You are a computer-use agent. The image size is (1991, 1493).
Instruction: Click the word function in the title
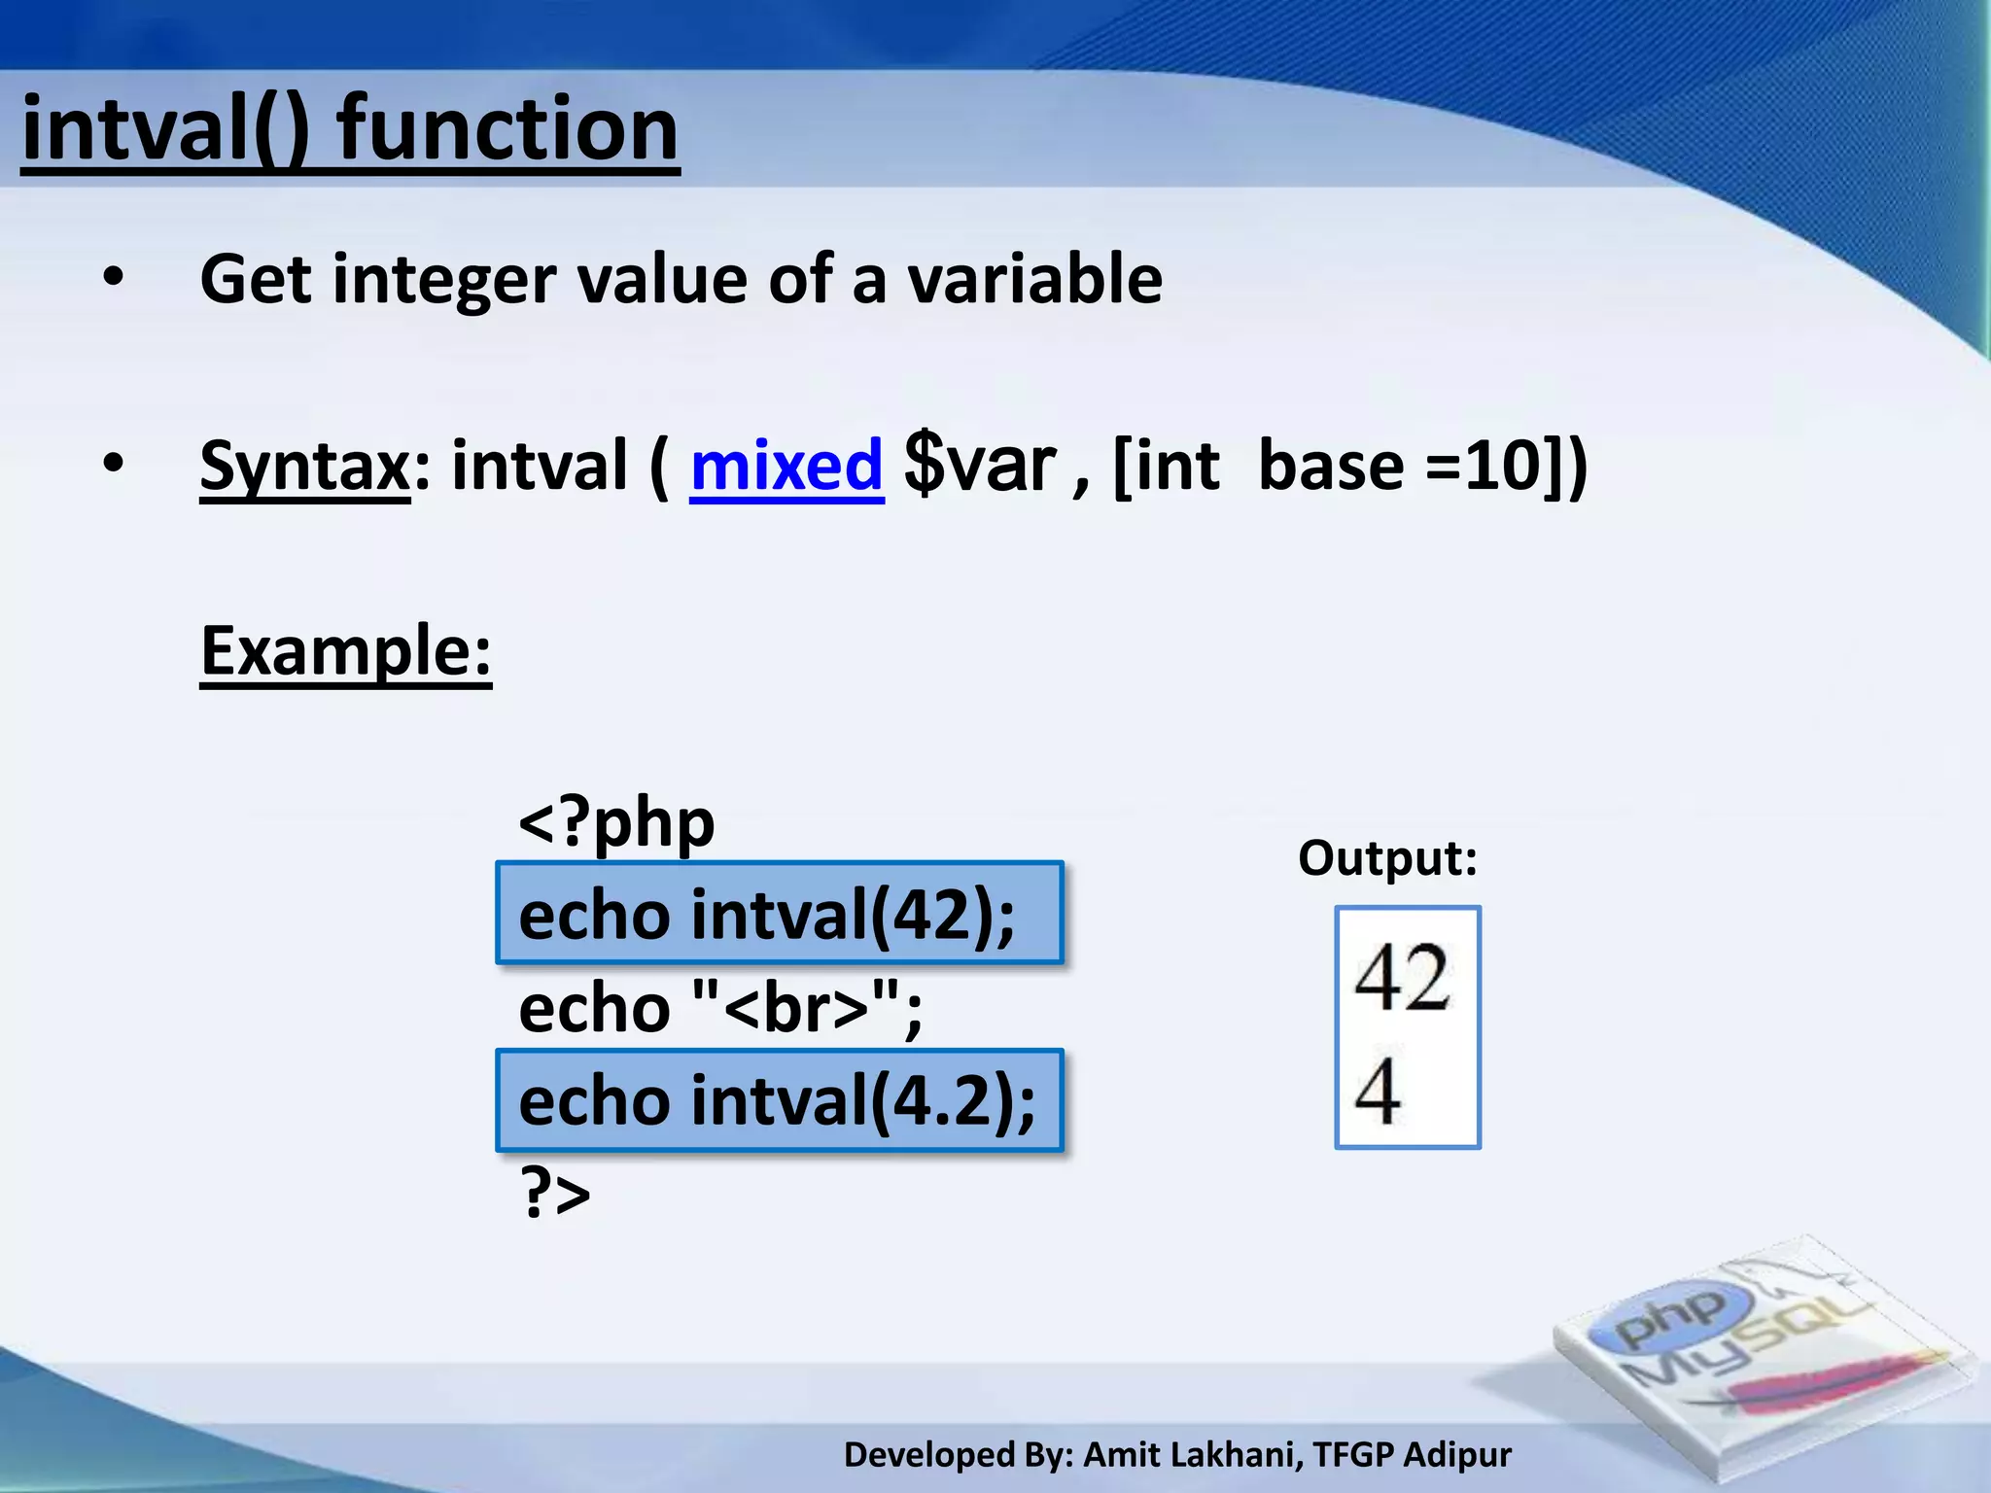tap(507, 131)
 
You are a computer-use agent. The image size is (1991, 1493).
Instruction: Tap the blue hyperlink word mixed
tap(786, 467)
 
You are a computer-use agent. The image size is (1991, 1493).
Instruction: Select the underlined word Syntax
tap(305, 467)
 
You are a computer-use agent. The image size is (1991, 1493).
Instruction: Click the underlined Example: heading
tap(346, 651)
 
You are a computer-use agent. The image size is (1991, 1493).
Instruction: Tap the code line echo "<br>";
tap(720, 1008)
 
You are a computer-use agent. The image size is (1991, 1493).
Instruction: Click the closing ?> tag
tap(555, 1194)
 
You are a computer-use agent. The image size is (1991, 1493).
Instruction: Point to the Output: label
tap(1387, 858)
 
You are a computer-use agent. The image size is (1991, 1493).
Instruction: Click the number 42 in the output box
tap(1402, 978)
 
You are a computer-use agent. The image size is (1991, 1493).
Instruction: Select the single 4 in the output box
tap(1378, 1091)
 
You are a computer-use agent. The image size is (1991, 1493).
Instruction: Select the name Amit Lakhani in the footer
tap(1191, 1455)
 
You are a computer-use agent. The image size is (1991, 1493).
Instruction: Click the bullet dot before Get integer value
tap(114, 279)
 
